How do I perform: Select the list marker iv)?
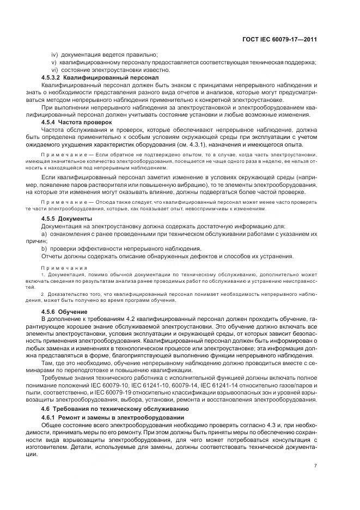click(x=55, y=54)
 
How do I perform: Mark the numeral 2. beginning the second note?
click(x=44, y=294)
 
